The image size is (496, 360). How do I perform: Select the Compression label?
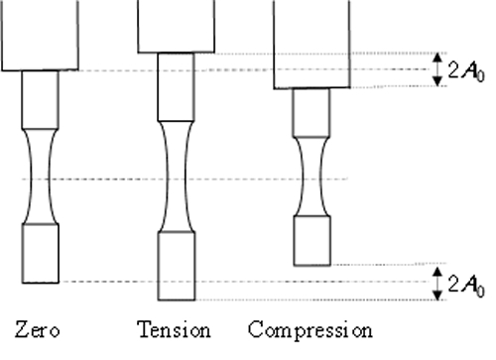pos(310,329)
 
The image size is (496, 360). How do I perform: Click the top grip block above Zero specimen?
pos(40,35)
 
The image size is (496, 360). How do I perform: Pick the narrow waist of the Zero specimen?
pos(40,179)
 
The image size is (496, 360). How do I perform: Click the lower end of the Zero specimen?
pos(40,253)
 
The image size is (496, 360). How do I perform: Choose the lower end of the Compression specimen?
pos(310,241)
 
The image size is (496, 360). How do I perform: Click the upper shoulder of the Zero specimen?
pos(40,97)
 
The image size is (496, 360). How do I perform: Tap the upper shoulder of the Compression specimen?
pos(310,112)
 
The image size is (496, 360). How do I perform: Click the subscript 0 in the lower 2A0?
pos(479,289)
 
